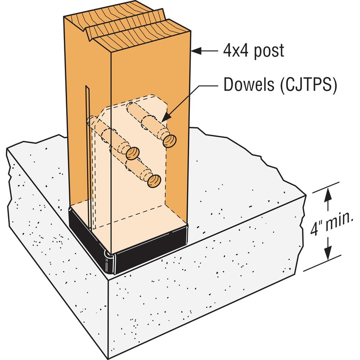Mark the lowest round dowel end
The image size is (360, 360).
(x=154, y=181)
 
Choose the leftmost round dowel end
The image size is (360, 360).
(x=131, y=154)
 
